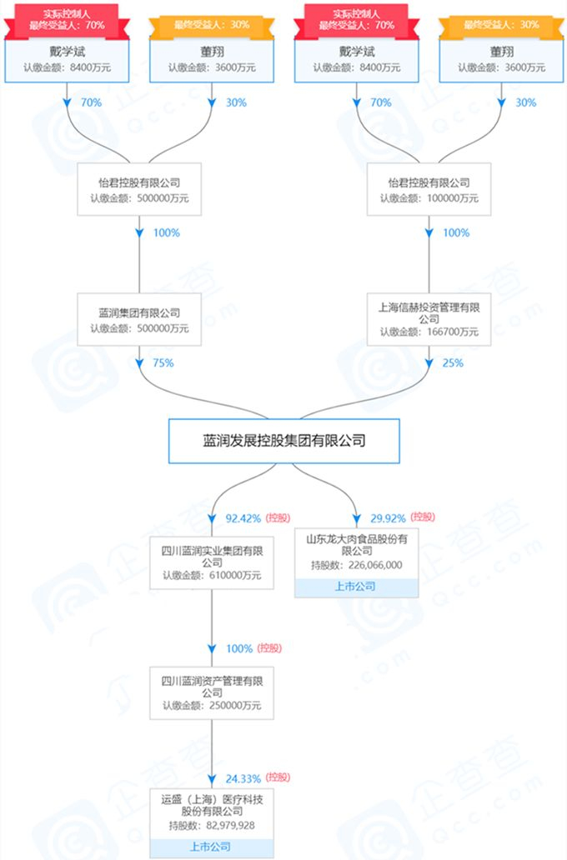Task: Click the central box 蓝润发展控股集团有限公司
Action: click(x=284, y=440)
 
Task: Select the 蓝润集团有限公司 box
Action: click(x=139, y=320)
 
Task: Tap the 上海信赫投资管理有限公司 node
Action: click(x=429, y=319)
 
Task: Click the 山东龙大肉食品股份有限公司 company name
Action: click(x=356, y=545)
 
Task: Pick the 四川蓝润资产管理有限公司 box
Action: click(x=212, y=692)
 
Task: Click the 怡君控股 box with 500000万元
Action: click(x=139, y=189)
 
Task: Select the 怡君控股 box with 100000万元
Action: click(x=429, y=189)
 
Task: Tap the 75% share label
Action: click(x=163, y=362)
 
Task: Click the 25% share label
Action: click(x=453, y=362)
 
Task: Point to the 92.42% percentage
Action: click(x=243, y=518)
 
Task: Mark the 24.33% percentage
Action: click(x=243, y=777)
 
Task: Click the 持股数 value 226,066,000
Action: click(x=369, y=565)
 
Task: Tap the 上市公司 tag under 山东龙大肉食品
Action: click(x=356, y=587)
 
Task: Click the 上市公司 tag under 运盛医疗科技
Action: click(x=212, y=847)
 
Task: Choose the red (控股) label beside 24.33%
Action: click(x=278, y=777)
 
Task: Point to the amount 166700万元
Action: click(x=450, y=332)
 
